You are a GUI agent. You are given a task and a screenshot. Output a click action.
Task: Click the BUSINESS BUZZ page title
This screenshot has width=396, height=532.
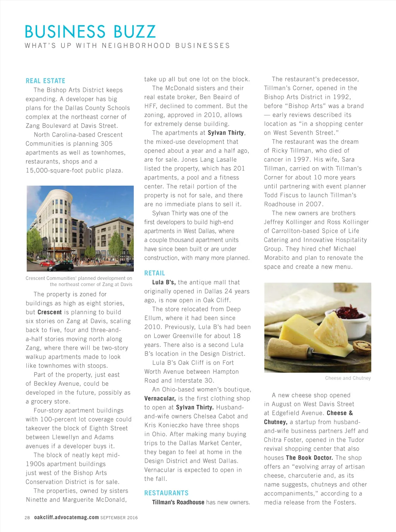click(x=90, y=32)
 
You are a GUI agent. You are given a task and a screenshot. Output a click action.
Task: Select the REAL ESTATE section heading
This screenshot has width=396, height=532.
click(x=45, y=81)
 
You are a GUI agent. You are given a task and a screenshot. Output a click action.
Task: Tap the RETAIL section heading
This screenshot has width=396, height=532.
click(x=154, y=273)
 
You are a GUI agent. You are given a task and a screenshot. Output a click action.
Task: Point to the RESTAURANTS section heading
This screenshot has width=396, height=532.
click(x=166, y=493)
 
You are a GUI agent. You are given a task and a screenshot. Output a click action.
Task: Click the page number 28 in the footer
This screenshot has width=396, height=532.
click(x=27, y=518)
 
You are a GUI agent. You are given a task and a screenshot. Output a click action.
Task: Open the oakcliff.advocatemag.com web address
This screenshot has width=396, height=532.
click(x=66, y=517)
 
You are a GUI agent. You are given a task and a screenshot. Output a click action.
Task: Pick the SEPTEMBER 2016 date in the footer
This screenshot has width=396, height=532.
click(x=119, y=518)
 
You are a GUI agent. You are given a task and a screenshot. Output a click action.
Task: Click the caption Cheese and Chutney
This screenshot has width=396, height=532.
click(x=348, y=378)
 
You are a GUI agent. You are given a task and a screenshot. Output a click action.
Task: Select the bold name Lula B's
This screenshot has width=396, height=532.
click(x=164, y=282)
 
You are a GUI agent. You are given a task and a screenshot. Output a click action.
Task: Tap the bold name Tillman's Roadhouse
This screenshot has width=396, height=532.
click(x=178, y=502)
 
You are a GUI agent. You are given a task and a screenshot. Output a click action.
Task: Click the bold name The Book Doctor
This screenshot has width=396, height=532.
click(x=309, y=458)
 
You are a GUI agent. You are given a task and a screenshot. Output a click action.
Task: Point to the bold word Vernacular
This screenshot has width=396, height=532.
click(x=160, y=399)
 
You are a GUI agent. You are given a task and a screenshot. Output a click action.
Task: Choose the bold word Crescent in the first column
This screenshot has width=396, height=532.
click(x=49, y=312)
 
